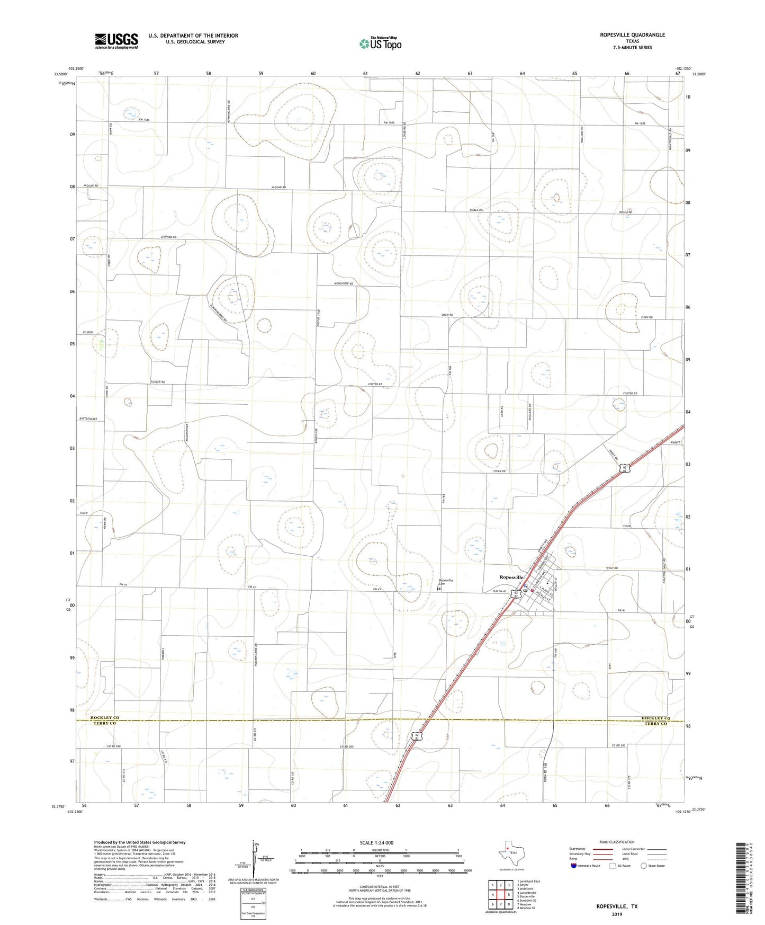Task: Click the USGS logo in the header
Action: pos(116,40)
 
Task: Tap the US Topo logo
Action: pos(380,43)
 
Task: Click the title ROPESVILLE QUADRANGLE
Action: pos(632,35)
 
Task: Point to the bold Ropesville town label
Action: pos(511,577)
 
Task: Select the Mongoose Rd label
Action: pos(343,284)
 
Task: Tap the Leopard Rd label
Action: pos(168,237)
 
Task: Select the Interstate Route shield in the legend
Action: pos(574,866)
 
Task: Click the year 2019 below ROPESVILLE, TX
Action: pos(617,914)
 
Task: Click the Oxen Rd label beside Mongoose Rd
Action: pos(447,315)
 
